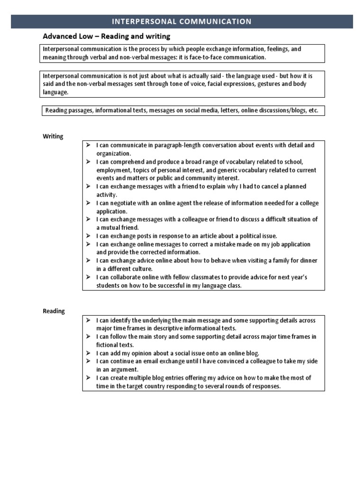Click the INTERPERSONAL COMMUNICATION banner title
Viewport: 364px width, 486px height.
(182, 21)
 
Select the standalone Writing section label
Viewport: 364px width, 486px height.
(53, 136)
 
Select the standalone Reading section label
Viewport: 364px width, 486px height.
(54, 311)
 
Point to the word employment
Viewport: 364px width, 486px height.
(113, 170)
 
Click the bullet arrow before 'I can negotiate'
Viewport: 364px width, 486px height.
(89, 203)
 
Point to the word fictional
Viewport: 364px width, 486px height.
(108, 345)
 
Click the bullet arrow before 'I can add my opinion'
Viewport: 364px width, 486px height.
(89, 353)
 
